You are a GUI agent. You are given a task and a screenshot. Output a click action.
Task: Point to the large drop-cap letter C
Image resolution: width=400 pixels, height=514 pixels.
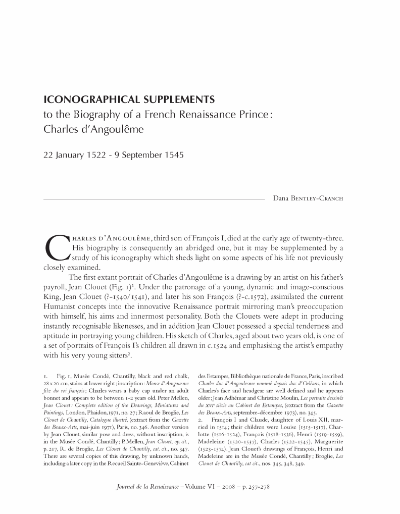coord(54,248)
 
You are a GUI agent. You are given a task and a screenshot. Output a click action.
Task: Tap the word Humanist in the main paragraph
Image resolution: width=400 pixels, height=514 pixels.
coord(64,306)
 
